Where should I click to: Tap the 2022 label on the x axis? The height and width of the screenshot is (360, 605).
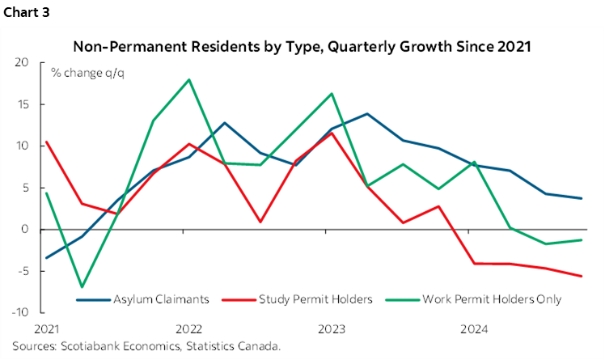(188, 330)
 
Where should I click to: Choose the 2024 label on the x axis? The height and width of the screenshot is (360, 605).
(472, 330)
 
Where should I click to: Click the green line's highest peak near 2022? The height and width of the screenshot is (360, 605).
(188, 79)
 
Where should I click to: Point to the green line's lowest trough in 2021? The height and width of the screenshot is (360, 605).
(82, 287)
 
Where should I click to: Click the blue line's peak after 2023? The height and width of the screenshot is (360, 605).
(367, 114)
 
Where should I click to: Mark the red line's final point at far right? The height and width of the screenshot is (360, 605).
(581, 276)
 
